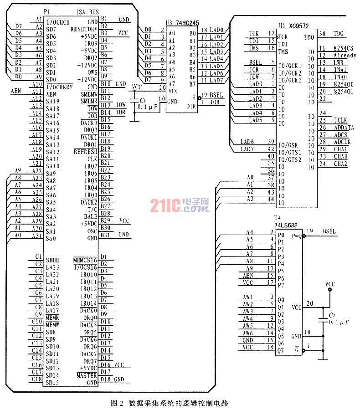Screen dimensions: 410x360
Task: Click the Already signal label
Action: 345,55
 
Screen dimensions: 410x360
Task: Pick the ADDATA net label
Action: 344,128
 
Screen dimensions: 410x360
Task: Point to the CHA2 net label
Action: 340,164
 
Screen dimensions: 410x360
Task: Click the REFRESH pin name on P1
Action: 85,152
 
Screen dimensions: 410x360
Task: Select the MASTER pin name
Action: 87,375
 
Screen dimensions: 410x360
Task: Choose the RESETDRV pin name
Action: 84,28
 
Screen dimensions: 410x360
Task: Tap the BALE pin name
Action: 90,216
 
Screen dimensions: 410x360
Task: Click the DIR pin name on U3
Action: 191,106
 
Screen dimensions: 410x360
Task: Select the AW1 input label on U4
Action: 248,297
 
